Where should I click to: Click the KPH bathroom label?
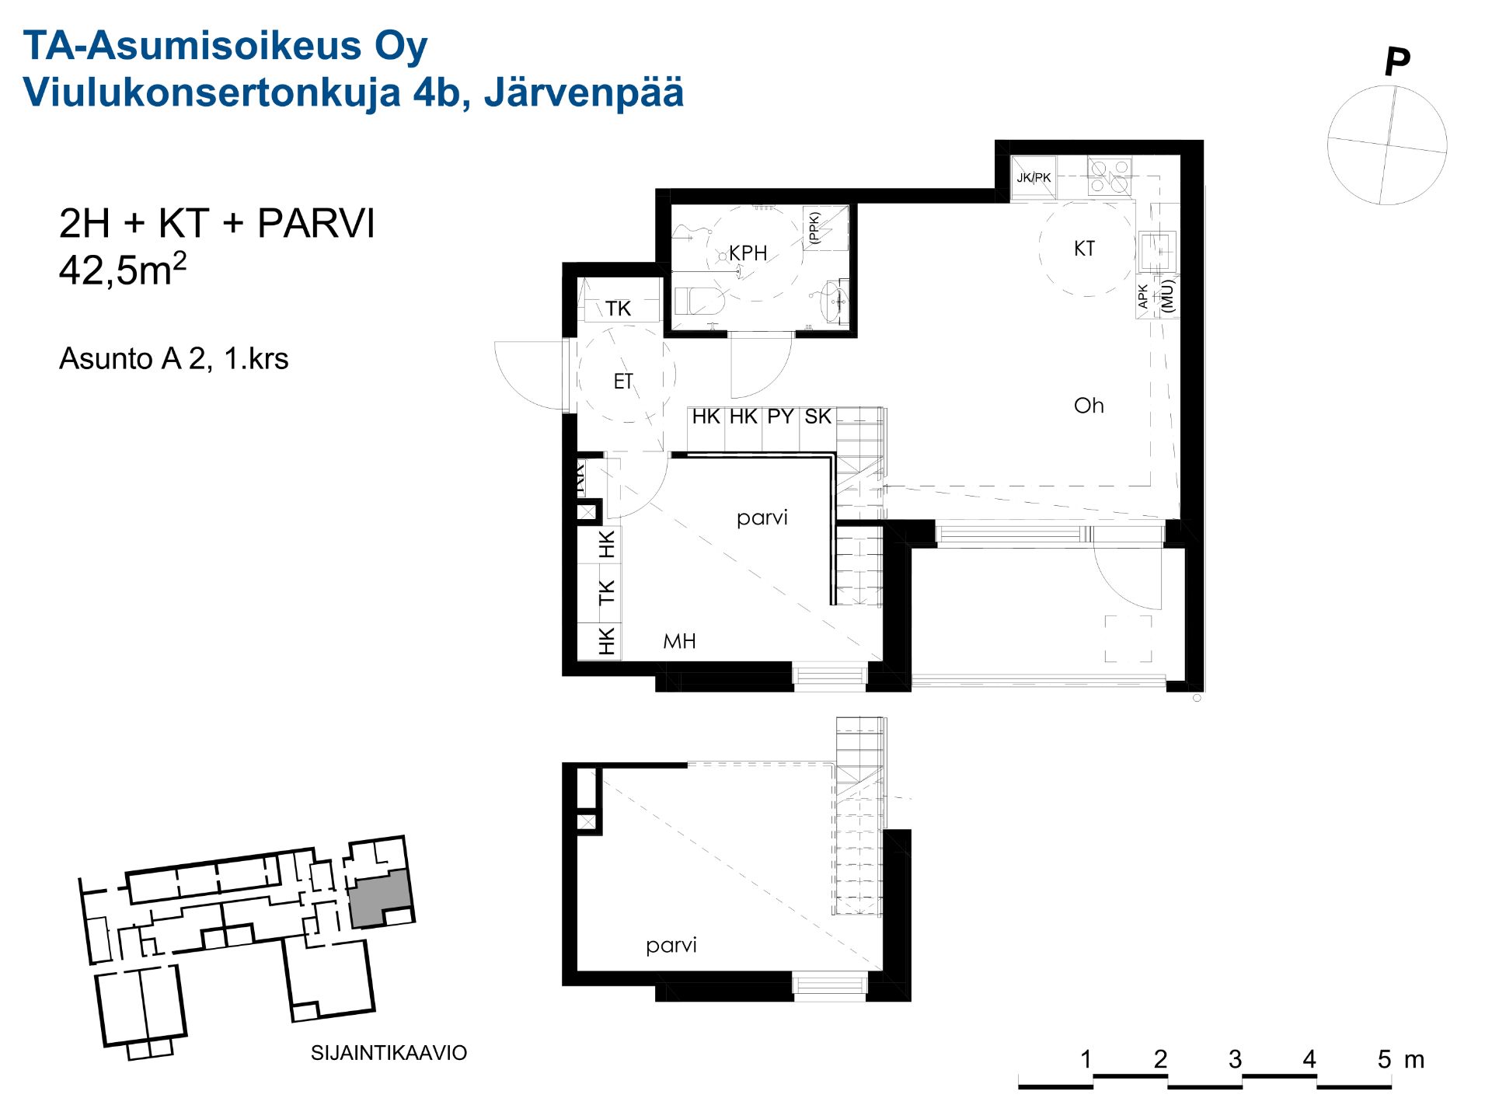[748, 253]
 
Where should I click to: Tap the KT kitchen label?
[1084, 249]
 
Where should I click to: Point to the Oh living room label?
[1089, 406]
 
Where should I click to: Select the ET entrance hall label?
[623, 382]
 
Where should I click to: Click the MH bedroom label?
[679, 641]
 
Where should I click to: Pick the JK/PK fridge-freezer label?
[1034, 177]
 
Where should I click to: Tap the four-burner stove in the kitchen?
[1109, 176]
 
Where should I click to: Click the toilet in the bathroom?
[698, 301]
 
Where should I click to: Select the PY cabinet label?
[780, 417]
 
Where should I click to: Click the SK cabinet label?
[817, 417]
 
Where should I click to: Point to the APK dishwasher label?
[1143, 296]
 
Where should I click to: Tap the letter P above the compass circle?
[1397, 61]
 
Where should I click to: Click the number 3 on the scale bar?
[1235, 1059]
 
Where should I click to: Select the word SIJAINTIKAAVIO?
[389, 1053]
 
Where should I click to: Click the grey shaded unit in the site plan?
[379, 899]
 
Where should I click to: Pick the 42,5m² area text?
[123, 270]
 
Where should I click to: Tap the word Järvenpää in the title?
[584, 92]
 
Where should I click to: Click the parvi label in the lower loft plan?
[671, 946]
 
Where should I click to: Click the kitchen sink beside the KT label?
[1158, 251]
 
